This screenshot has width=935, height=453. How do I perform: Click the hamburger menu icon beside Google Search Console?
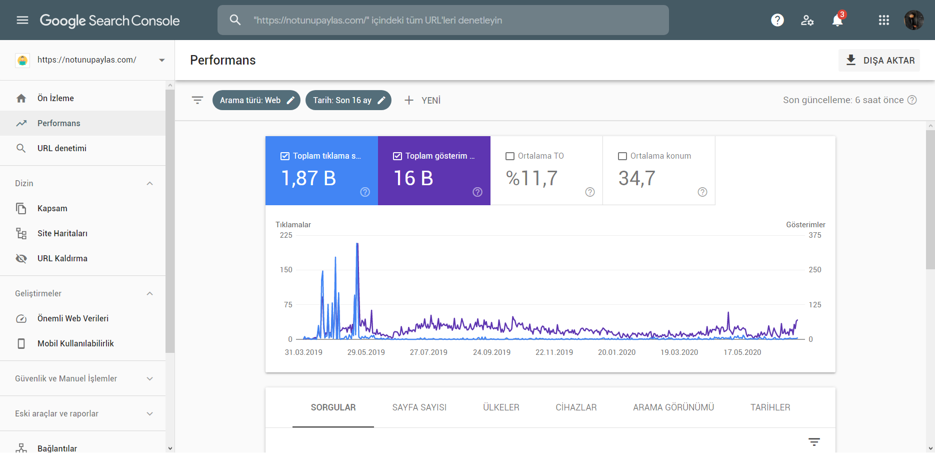pyautogui.click(x=22, y=20)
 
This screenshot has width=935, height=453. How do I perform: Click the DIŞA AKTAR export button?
pyautogui.click(x=879, y=60)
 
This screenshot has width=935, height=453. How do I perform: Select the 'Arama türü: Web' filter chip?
pyautogui.click(x=256, y=100)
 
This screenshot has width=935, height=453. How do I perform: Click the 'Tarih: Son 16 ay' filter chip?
pyautogui.click(x=348, y=100)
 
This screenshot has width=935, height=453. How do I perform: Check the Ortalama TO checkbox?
pyautogui.click(x=510, y=156)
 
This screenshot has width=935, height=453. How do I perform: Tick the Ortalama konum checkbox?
pyautogui.click(x=622, y=156)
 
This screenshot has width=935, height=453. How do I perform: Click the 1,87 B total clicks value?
pyautogui.click(x=308, y=178)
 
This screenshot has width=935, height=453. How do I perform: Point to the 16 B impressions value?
pyautogui.click(x=413, y=178)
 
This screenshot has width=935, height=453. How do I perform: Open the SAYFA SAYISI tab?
pyautogui.click(x=419, y=407)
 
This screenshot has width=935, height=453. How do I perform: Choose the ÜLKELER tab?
pyautogui.click(x=501, y=407)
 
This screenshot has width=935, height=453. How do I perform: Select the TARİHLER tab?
pyautogui.click(x=770, y=407)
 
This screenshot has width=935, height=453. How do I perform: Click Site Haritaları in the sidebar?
pyautogui.click(x=62, y=233)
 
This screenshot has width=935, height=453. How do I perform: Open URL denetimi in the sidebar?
pyautogui.click(x=62, y=148)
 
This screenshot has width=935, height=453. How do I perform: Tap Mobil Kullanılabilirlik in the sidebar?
pyautogui.click(x=75, y=343)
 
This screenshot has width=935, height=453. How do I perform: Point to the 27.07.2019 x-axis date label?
pyautogui.click(x=428, y=352)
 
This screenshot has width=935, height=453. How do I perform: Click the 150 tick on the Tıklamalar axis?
pyautogui.click(x=286, y=270)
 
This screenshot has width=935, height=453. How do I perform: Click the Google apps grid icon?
pyautogui.click(x=884, y=20)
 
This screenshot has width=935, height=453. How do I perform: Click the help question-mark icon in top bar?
pyautogui.click(x=777, y=20)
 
